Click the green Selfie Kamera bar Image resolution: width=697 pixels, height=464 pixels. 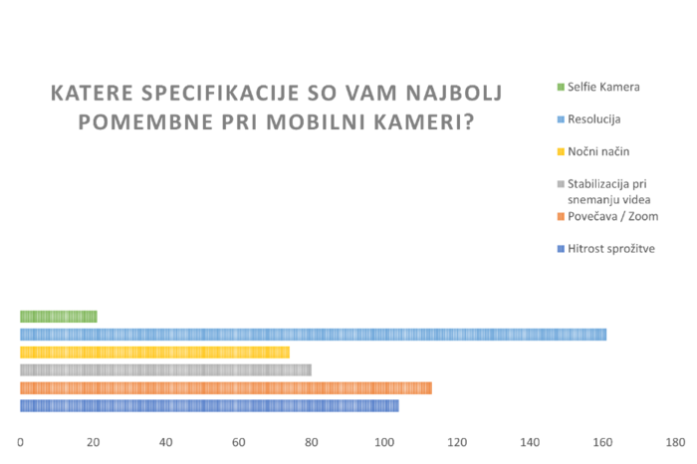coord(59,317)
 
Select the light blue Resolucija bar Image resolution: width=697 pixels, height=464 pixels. coord(314,335)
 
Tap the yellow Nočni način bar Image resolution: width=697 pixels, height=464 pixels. coord(154,352)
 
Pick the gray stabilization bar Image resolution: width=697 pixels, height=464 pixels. coord(166,369)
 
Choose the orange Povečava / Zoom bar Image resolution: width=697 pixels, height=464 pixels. coord(226,388)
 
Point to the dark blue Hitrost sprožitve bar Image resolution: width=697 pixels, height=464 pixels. coord(209,406)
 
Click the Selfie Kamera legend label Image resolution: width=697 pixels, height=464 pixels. coord(603,87)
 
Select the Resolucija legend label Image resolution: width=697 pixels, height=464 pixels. coord(593,119)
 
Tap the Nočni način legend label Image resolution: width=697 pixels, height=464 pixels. coord(598,151)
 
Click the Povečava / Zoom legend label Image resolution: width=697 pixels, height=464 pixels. coord(613,216)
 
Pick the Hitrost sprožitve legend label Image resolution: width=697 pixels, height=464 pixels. coord(611,249)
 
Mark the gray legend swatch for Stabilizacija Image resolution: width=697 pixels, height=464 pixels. coord(561,184)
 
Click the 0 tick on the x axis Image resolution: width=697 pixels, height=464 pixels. coord(20,442)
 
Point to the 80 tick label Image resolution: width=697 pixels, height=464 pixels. coord(311,442)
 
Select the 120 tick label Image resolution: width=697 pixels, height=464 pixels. coord(457,442)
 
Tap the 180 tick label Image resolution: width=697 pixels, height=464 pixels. coord(675,442)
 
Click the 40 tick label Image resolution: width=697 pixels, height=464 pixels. coord(166,442)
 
